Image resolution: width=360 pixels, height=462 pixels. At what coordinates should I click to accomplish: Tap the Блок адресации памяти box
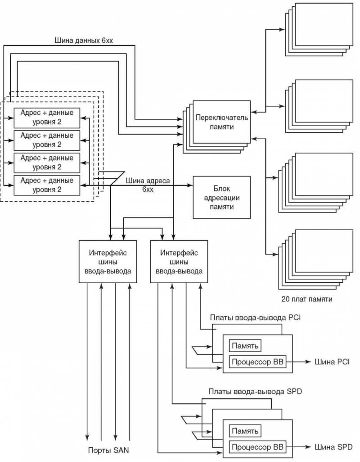tap(221, 197)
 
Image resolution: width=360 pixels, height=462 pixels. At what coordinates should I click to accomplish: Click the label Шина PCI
tap(330, 361)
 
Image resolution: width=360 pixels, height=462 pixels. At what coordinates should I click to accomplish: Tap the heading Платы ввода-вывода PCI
tap(255, 318)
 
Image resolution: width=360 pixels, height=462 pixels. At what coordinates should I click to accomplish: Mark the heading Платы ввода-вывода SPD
tap(255, 391)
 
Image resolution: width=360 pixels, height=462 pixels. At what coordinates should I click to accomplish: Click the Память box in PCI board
tap(245, 346)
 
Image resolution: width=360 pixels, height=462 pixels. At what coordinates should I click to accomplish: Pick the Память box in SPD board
tap(245, 431)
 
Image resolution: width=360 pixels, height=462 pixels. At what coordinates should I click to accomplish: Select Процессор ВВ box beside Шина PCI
tap(257, 361)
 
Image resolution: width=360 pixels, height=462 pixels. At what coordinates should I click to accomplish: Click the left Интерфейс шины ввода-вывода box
tap(108, 262)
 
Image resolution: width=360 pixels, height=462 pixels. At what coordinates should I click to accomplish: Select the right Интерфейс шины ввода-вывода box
tap(179, 262)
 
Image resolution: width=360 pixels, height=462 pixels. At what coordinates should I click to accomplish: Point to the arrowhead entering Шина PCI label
tap(307, 361)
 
